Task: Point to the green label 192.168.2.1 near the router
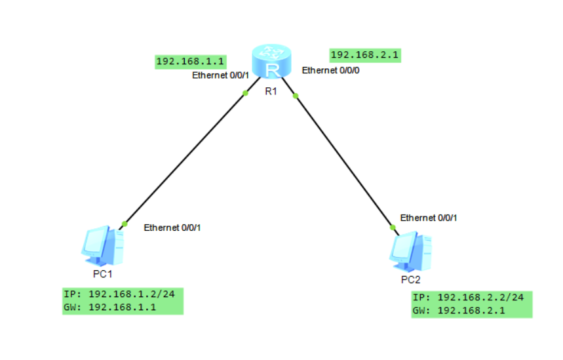[365, 55]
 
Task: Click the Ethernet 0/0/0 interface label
[330, 70]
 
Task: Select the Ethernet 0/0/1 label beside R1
[220, 75]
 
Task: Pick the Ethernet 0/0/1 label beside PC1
[172, 228]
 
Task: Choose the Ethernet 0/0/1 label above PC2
[429, 218]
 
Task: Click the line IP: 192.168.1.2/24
[119, 294]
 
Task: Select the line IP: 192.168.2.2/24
[468, 298]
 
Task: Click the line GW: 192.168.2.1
[459, 311]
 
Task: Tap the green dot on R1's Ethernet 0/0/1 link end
[245, 93]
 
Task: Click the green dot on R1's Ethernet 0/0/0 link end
[296, 96]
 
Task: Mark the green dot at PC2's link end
[393, 228]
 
